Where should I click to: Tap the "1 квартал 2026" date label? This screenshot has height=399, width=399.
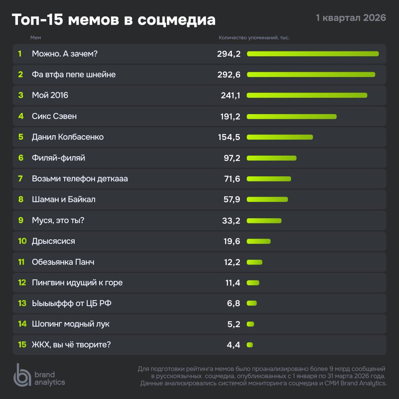(351, 18)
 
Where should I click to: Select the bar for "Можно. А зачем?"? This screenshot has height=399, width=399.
(312, 54)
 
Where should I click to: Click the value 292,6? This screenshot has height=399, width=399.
(229, 75)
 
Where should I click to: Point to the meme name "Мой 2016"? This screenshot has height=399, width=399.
(50, 95)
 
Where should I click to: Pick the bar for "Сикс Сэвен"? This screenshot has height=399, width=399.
(292, 117)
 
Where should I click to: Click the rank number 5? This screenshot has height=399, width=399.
(21, 137)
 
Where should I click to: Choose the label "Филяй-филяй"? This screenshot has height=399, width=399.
(58, 158)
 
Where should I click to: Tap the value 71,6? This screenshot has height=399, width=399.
(232, 179)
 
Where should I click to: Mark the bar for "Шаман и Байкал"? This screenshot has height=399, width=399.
(267, 199)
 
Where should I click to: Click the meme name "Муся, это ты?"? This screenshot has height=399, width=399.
(58, 220)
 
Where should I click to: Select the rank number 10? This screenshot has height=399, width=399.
(22, 241)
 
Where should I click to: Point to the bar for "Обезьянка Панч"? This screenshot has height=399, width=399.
(255, 262)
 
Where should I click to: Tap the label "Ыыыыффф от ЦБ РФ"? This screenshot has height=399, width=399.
(71, 304)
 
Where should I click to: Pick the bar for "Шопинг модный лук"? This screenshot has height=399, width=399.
(251, 324)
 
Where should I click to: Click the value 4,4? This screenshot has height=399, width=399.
(233, 345)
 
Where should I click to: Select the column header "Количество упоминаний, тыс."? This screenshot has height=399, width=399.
(254, 38)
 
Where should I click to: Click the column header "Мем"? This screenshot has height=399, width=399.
(36, 38)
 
